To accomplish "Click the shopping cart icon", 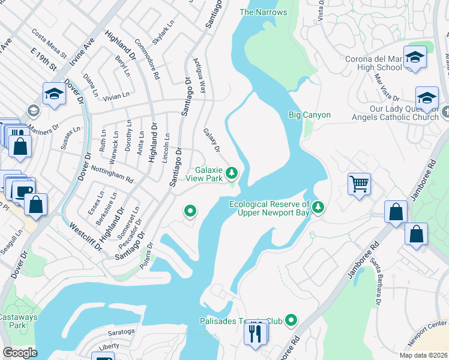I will click(x=359, y=184).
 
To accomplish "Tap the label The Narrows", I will click(x=263, y=12).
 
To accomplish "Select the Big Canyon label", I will click(x=310, y=115).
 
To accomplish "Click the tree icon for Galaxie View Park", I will click(x=232, y=174).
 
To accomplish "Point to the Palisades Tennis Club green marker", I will click(x=291, y=321).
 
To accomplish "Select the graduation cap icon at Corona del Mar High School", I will click(x=414, y=58).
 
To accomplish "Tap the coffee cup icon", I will click(x=24, y=192).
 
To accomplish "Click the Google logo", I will click(x=20, y=352).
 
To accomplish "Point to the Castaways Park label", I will click(x=18, y=321).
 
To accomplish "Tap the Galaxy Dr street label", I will click(x=212, y=140).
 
